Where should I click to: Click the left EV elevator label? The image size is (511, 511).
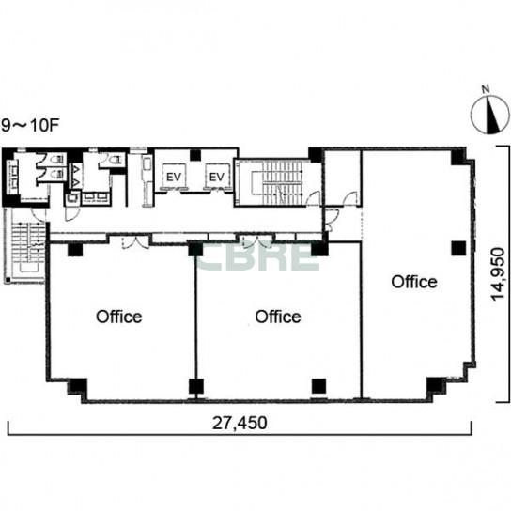point(174,177)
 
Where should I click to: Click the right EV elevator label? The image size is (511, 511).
point(217,177)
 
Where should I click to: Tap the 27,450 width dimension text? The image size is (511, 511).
point(240,423)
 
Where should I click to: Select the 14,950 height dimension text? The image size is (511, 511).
point(498,274)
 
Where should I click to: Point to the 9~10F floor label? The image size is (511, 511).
point(30,126)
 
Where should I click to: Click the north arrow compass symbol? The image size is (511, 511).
point(490,115)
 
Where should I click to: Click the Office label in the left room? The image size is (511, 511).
point(119,317)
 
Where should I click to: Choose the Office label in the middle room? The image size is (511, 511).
point(278,317)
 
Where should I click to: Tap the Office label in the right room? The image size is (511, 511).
point(414,282)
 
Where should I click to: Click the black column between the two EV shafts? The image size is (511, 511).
point(195,155)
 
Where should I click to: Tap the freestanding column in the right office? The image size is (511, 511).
point(458,248)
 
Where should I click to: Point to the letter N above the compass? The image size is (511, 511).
point(486,88)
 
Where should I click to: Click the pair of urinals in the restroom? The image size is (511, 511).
point(76,177)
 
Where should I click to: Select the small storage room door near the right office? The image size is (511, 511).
point(350,199)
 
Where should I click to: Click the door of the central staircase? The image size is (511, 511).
point(314,199)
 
